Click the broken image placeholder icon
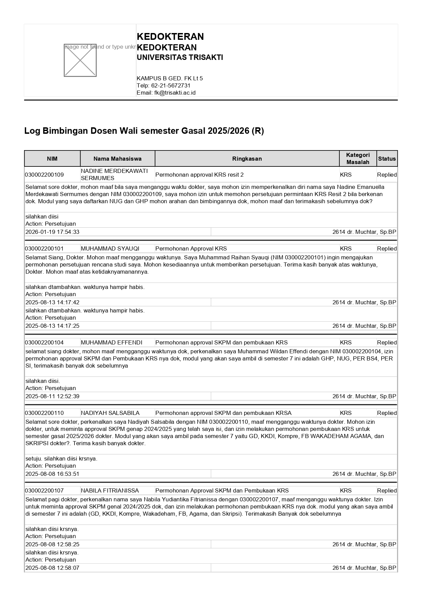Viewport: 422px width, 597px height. pos(80,60)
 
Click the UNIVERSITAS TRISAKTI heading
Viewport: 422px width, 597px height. pos(180,58)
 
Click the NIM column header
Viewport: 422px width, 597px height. pos(52,159)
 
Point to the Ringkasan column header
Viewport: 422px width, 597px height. pos(247,159)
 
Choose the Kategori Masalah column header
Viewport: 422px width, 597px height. pos(358,159)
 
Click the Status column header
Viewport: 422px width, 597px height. pos(387,159)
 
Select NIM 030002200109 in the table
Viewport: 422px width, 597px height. pos(44,175)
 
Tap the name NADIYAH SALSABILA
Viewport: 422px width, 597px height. pos(110,413)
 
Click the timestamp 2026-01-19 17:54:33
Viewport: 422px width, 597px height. pos(52,232)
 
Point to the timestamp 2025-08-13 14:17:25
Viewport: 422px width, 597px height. pos(52,326)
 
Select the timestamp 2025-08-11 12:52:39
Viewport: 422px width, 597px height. pos(52,396)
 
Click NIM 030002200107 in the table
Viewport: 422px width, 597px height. pos(44,490)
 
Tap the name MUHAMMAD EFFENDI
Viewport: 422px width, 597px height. pos(112,342)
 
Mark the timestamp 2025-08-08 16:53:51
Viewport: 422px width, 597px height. pos(52,474)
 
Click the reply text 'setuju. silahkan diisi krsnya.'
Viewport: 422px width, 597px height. pos(61,458)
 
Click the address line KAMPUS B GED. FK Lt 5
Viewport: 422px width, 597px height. pos(170,78)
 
